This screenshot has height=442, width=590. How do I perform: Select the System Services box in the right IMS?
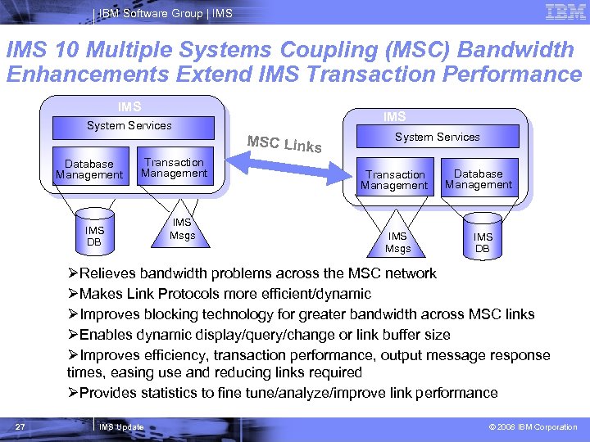[x=438, y=137]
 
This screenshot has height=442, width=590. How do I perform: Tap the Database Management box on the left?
[x=89, y=169]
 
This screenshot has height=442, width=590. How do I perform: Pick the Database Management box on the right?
[x=479, y=179]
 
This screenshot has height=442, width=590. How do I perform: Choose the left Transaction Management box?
[x=175, y=168]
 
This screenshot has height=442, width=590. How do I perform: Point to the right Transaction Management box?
[x=396, y=179]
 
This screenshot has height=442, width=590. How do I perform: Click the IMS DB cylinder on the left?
[x=95, y=237]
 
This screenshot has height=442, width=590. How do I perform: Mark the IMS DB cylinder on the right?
[x=483, y=242]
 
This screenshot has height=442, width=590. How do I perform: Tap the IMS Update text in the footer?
[x=120, y=427]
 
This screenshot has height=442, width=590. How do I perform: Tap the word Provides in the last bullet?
[x=108, y=393]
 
